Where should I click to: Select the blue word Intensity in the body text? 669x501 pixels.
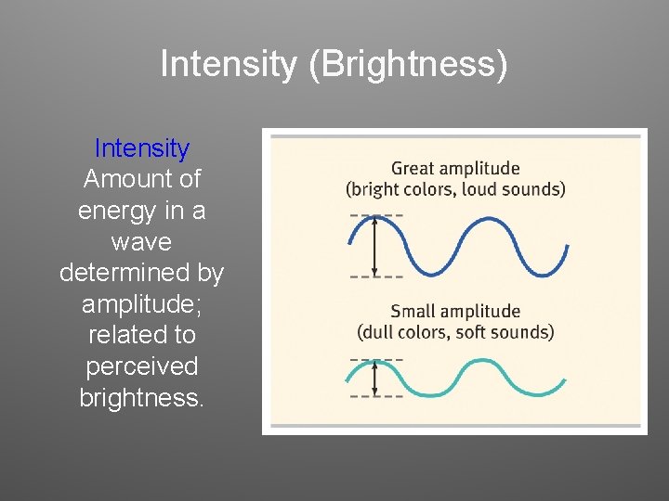pos(142,148)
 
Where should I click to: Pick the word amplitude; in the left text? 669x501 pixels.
pos(141,304)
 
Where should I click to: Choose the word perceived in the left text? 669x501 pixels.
pos(142,366)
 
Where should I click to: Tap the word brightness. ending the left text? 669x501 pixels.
pos(142,398)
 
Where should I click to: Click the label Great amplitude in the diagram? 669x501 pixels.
pos(455,169)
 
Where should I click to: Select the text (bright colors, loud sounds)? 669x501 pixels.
pos(455,189)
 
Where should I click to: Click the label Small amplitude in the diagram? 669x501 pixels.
pos(455,311)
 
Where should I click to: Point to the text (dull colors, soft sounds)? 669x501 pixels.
pos(455,331)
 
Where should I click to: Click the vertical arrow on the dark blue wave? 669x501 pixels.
pos(374,246)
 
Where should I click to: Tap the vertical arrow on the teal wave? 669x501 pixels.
pos(374,378)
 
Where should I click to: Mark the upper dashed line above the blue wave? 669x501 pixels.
pos(376,215)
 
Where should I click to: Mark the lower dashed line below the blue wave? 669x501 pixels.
pos(376,276)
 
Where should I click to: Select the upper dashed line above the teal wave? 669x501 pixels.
pos(376,358)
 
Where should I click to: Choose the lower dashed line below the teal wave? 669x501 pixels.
pos(376,397)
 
